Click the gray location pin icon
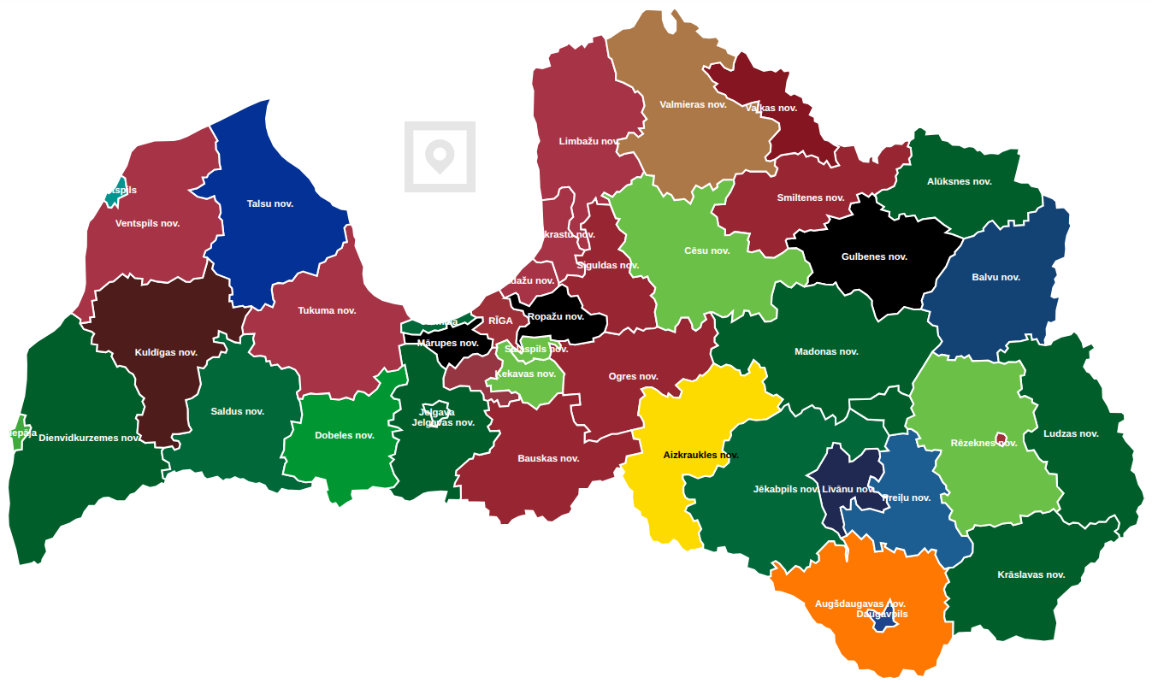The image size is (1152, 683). tap(440, 157)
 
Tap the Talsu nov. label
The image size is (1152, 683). tap(269, 203)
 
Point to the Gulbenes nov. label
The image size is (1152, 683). tap(873, 256)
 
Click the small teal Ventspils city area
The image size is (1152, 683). tap(112, 196)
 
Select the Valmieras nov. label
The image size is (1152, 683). tap(693, 104)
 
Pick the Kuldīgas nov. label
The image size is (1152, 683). tap(166, 352)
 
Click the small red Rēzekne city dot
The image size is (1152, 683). tap(1001, 438)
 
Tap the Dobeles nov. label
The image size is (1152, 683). tap(344, 435)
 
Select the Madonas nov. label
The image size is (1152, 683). tap(825, 351)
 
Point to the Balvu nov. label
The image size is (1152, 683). tap(995, 277)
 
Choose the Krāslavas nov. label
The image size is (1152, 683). tap(1031, 574)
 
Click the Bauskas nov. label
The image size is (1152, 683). tap(548, 458)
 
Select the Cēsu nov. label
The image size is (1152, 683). tap(706, 250)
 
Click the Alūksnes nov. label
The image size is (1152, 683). tap(959, 181)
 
